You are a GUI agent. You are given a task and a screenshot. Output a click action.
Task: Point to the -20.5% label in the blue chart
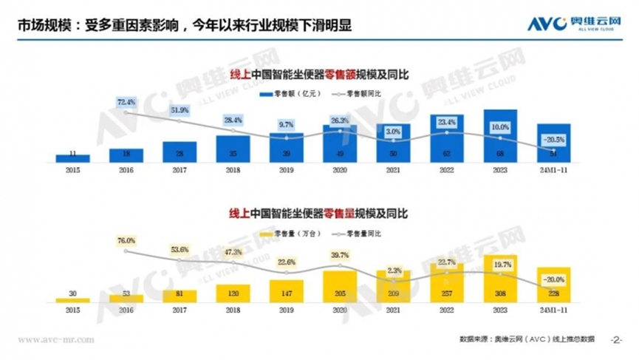[552, 138]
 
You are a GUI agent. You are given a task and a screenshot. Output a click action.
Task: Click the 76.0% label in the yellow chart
[126, 240]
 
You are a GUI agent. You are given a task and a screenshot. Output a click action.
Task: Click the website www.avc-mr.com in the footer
[55, 340]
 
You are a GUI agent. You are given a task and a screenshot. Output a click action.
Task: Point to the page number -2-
[617, 340]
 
